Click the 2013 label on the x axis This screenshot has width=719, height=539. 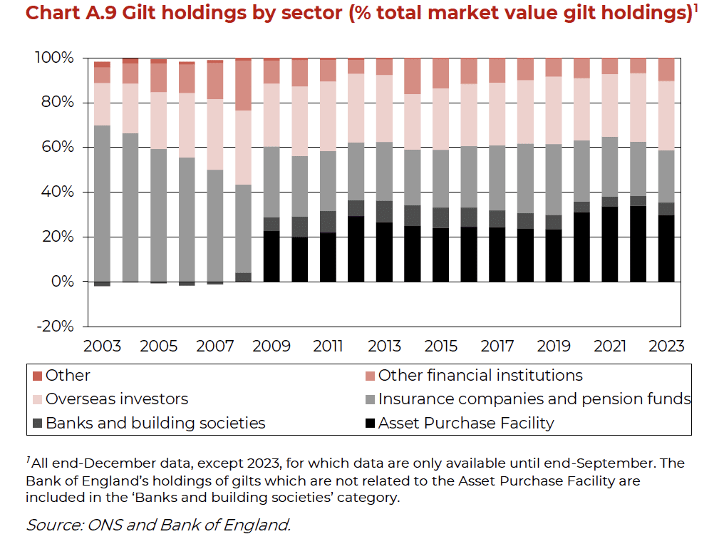click(x=384, y=346)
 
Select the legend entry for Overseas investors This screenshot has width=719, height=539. click(x=117, y=399)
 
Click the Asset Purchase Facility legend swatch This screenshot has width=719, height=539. click(x=368, y=423)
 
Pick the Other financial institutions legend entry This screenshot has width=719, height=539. click(x=480, y=376)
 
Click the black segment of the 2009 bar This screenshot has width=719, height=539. click(x=271, y=256)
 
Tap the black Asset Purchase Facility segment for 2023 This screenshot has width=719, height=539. click(x=666, y=248)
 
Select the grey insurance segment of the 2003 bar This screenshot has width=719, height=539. click(x=102, y=203)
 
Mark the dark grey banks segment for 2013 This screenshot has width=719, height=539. click(x=384, y=212)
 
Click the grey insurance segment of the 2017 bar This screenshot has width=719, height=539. click(x=497, y=178)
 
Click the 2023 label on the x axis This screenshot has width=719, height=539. click(x=666, y=346)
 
